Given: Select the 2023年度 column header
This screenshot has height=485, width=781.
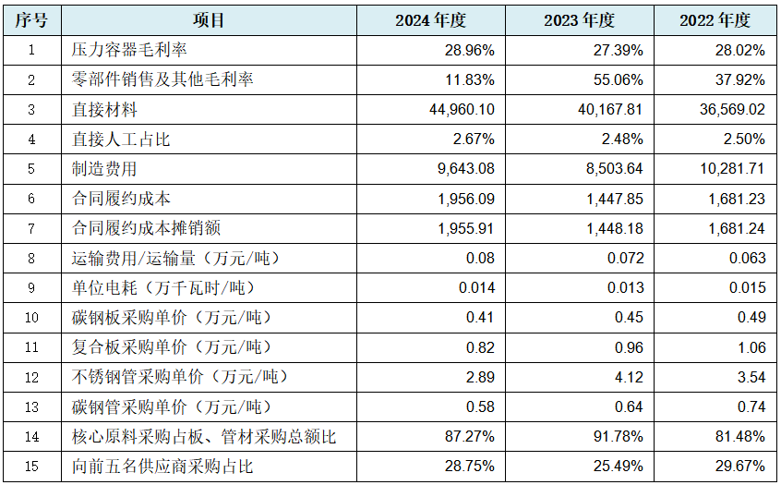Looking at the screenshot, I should coord(580,20).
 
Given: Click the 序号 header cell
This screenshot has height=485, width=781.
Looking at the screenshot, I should coord(31,20).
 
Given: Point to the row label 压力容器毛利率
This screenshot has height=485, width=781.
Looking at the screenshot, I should coord(129,50).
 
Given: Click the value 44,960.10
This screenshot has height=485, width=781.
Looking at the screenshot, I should coord(463,110).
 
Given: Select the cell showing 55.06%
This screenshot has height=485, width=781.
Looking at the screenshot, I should coord(619,80).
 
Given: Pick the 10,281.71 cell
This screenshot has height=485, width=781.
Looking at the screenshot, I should coord(733,169).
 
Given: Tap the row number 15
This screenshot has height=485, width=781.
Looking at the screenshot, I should coord(31,467).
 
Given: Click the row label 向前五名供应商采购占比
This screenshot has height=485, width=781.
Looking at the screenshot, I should coord(162,467).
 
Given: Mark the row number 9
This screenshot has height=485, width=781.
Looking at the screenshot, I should coord(31,288).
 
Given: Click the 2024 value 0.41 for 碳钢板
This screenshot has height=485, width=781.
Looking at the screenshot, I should coord(480,318).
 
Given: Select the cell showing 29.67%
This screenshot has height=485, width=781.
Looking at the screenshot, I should coord(740,467).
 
